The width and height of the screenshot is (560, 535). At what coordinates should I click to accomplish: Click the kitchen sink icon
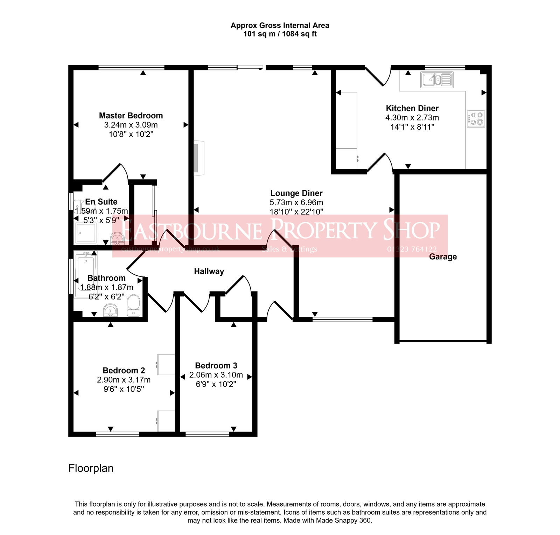click(x=437, y=80)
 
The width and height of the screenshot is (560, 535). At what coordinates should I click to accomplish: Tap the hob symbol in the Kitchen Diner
click(x=476, y=118)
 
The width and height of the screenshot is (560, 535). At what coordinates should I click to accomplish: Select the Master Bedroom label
click(x=131, y=116)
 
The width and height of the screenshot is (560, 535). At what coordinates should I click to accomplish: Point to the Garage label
click(x=443, y=257)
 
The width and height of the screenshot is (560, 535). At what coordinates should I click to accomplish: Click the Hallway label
click(x=209, y=272)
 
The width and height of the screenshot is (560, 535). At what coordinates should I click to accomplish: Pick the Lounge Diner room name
click(x=296, y=193)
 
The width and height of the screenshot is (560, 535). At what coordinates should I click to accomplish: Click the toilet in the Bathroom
click(x=133, y=305)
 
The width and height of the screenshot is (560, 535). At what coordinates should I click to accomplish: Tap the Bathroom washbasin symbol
click(x=111, y=310)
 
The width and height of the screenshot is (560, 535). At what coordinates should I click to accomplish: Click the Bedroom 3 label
click(x=216, y=366)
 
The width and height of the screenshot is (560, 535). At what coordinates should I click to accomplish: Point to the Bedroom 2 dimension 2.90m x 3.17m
click(x=124, y=380)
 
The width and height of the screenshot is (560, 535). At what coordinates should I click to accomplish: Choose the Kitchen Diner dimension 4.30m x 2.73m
click(x=412, y=118)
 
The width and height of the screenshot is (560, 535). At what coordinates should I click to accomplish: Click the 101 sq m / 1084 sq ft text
click(x=280, y=34)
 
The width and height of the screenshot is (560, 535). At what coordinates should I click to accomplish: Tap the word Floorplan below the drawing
click(x=91, y=468)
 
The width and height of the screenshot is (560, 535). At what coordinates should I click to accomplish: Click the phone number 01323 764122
click(x=412, y=249)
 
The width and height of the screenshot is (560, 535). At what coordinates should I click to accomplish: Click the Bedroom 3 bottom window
click(x=207, y=434)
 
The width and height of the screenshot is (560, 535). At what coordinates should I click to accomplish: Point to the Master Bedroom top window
click(x=131, y=68)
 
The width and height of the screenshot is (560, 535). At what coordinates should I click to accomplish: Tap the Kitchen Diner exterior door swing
click(x=378, y=77)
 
